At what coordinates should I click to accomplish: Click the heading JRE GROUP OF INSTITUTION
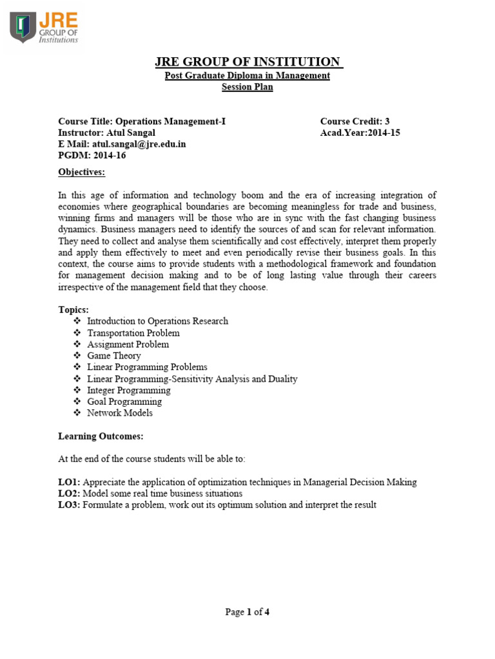248,62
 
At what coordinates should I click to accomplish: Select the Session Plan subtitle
247,87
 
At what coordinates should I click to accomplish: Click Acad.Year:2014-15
360,133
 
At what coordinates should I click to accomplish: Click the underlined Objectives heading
81,172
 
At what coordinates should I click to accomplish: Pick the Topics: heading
73,310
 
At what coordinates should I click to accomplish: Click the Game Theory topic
114,355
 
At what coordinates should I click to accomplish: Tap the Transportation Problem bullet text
133,333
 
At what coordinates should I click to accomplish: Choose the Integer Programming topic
129,390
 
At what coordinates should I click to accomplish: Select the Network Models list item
120,413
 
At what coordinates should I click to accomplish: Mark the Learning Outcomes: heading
101,436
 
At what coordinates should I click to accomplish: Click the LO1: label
69,482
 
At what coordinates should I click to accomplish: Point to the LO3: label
69,505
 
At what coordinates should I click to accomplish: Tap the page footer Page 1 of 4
247,612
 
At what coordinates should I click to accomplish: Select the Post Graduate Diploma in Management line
247,75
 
